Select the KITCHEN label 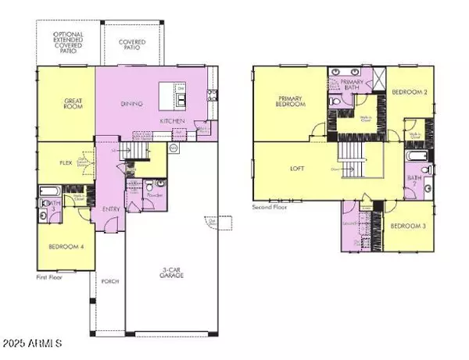(172, 122)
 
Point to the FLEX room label (66, 164)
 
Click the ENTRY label (109, 210)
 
